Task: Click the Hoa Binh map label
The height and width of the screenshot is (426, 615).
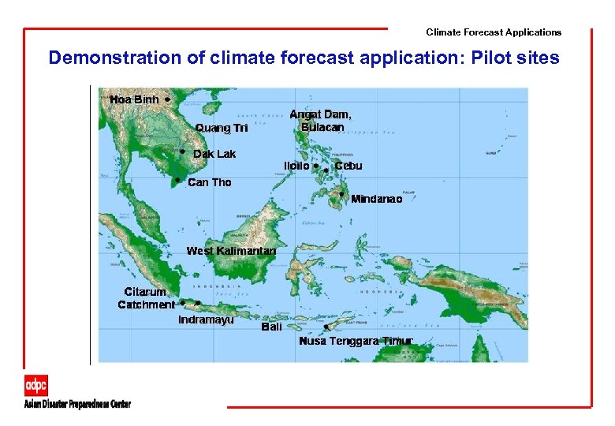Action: tap(134, 99)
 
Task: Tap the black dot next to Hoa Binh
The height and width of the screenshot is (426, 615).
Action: tap(168, 99)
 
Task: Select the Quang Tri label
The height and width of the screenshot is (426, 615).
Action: tap(222, 128)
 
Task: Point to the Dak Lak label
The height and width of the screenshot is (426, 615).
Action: tap(214, 154)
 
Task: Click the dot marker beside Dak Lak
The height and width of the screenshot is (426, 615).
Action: tap(182, 150)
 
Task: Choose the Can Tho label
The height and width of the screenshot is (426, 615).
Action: tap(210, 182)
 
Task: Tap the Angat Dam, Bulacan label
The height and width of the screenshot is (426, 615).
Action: tap(322, 121)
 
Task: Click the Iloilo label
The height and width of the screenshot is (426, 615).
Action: tap(296, 166)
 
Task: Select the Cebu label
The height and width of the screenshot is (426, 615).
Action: tap(348, 166)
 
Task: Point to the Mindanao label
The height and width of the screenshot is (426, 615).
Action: tap(376, 199)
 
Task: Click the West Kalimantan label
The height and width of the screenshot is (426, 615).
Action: tap(231, 251)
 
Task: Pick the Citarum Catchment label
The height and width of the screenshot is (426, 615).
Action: tap(146, 298)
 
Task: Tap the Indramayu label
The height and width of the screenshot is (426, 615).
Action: tap(206, 319)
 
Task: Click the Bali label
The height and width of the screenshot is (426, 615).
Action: tap(271, 327)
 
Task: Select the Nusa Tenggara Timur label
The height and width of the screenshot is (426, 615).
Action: tap(356, 341)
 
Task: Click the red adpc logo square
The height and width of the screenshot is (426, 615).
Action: tap(35, 385)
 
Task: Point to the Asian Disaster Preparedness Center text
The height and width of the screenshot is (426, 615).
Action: tap(77, 404)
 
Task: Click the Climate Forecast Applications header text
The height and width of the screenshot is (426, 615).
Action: tap(494, 32)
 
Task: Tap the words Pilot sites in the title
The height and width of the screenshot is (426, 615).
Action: tap(522, 58)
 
